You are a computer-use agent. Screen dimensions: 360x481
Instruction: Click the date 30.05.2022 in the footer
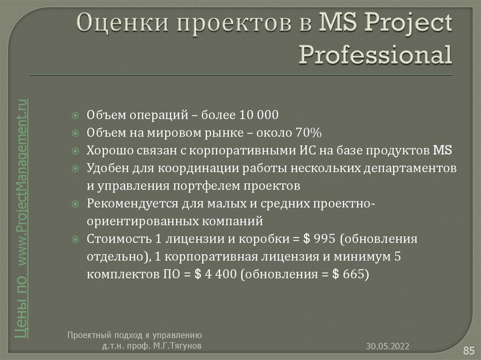(x=388, y=346)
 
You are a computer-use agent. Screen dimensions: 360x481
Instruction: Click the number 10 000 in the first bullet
(x=259, y=115)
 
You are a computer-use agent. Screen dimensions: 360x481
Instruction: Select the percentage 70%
(x=308, y=133)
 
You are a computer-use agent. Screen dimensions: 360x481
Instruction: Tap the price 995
(x=325, y=238)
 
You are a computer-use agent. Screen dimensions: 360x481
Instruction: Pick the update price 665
(x=353, y=274)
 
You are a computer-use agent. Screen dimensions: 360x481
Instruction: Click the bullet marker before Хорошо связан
(x=75, y=151)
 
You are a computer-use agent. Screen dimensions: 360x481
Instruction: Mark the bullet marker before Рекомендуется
(x=75, y=204)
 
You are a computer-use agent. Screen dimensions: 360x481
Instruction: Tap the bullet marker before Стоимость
(x=75, y=239)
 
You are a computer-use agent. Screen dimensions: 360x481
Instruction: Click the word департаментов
(x=409, y=168)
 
